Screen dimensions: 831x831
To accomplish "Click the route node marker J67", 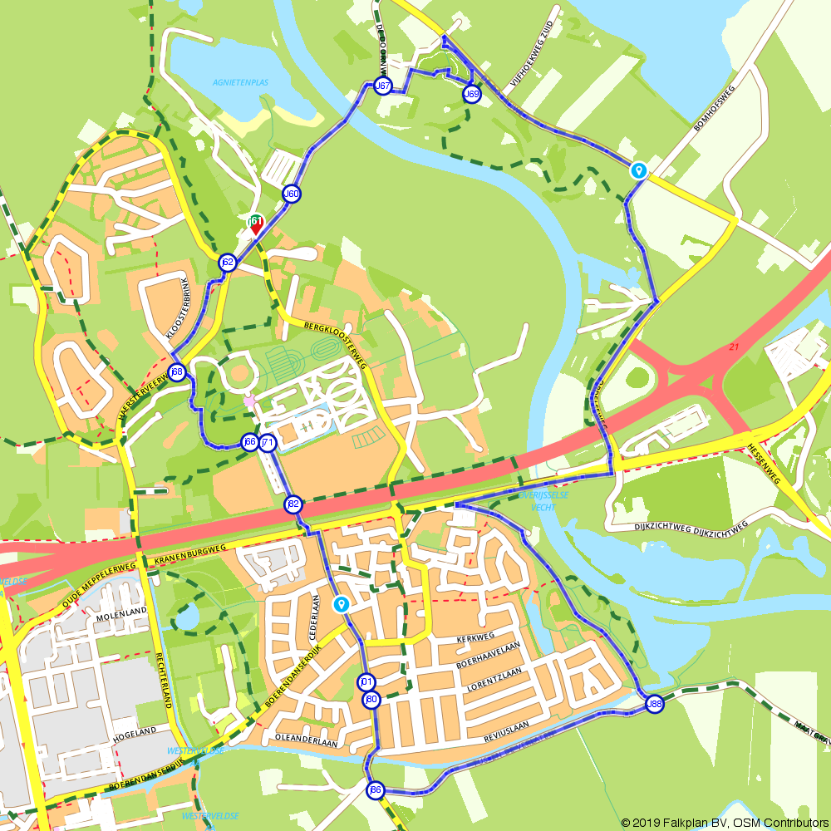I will (382, 86).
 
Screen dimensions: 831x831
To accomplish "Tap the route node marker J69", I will (471, 94).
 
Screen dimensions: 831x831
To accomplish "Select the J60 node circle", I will (291, 194).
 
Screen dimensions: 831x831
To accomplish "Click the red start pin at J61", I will (256, 224).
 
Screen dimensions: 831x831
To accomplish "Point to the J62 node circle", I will (227, 263).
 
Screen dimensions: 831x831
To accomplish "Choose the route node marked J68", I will (176, 371).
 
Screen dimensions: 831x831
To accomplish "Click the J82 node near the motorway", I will (293, 504).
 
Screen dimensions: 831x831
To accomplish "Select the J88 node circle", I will (655, 704).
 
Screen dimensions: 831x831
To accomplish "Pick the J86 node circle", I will (376, 790).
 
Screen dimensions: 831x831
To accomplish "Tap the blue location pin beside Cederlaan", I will (341, 603).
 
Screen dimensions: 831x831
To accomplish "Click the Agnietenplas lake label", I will (240, 82).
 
